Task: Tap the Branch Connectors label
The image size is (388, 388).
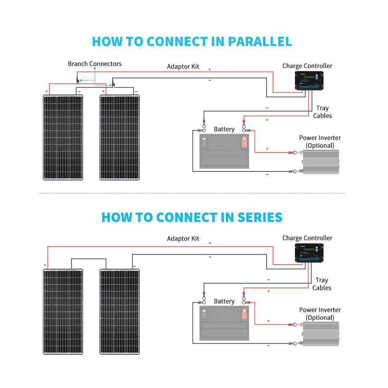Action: coord(95,64)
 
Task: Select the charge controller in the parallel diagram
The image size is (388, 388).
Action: coord(308,81)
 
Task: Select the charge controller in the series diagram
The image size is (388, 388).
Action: coord(308,253)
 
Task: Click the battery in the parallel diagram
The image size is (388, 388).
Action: coord(223,151)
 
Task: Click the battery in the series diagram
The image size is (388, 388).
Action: coord(223,323)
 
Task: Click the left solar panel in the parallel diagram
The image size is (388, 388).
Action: coord(63,137)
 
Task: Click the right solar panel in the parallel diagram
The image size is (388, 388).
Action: coord(120,137)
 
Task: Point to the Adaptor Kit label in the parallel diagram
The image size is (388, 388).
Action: coord(183,66)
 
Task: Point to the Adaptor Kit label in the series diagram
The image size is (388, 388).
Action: coord(183,238)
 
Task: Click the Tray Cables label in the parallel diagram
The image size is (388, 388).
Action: coord(322,112)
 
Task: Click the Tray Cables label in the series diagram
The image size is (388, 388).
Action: coord(322,284)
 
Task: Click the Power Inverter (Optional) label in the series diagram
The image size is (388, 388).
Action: coord(320,314)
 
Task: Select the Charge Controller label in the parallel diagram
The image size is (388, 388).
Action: coord(307,66)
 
